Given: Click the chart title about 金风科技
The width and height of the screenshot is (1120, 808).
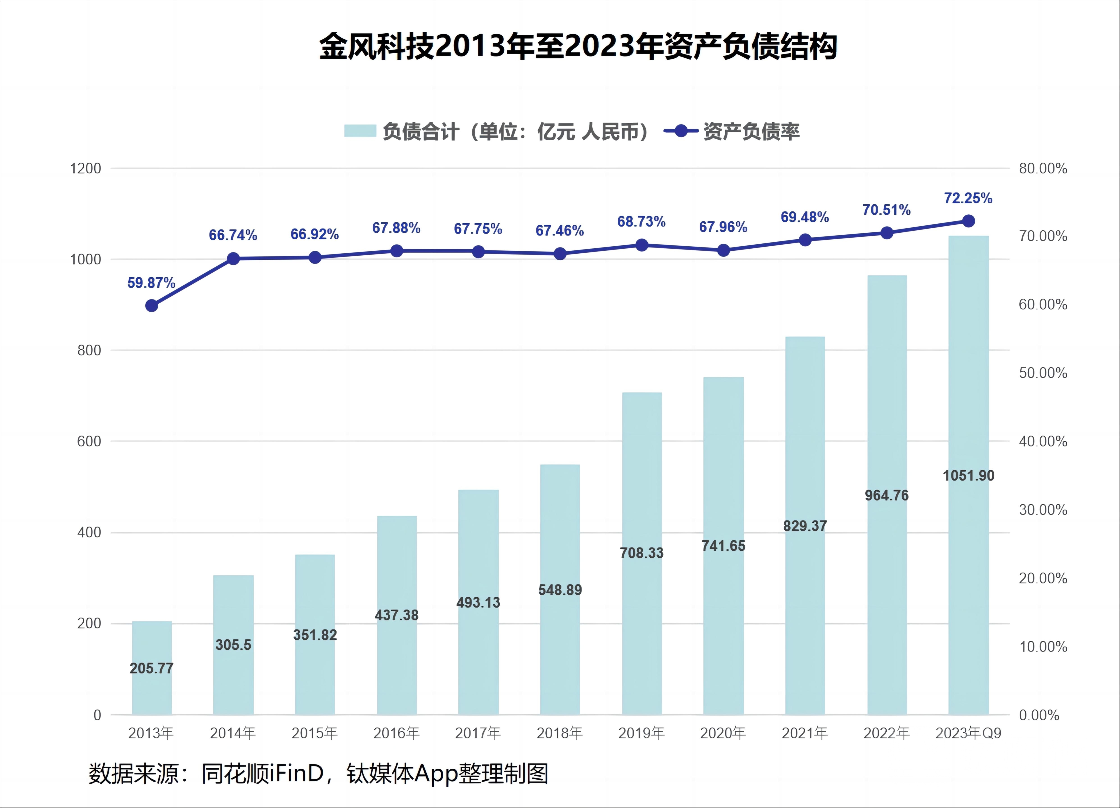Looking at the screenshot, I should click(578, 47).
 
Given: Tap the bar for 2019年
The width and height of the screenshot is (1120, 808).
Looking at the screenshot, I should click(642, 553).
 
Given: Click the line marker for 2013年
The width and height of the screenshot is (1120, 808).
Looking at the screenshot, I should click(152, 306).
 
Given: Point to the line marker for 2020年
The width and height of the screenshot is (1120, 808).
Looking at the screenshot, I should click(723, 250).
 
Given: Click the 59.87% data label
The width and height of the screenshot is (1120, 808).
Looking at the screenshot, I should click(151, 283).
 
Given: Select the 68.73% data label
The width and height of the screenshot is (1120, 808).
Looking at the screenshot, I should click(641, 222).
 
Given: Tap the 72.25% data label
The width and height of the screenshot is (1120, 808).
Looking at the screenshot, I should click(968, 198).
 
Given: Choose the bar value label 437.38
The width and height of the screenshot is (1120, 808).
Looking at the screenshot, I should click(396, 615).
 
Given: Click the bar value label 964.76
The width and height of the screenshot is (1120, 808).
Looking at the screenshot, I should click(886, 495).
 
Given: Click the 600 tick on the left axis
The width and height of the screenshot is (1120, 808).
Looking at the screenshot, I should click(89, 441).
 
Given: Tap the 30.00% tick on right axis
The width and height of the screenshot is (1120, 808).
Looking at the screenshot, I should click(1043, 510).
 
